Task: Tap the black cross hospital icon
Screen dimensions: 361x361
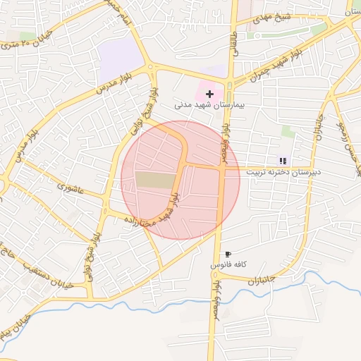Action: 209,93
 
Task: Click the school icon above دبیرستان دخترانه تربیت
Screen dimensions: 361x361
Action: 283,161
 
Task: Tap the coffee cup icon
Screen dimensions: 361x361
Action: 227,254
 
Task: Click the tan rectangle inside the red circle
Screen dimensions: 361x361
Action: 154,180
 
